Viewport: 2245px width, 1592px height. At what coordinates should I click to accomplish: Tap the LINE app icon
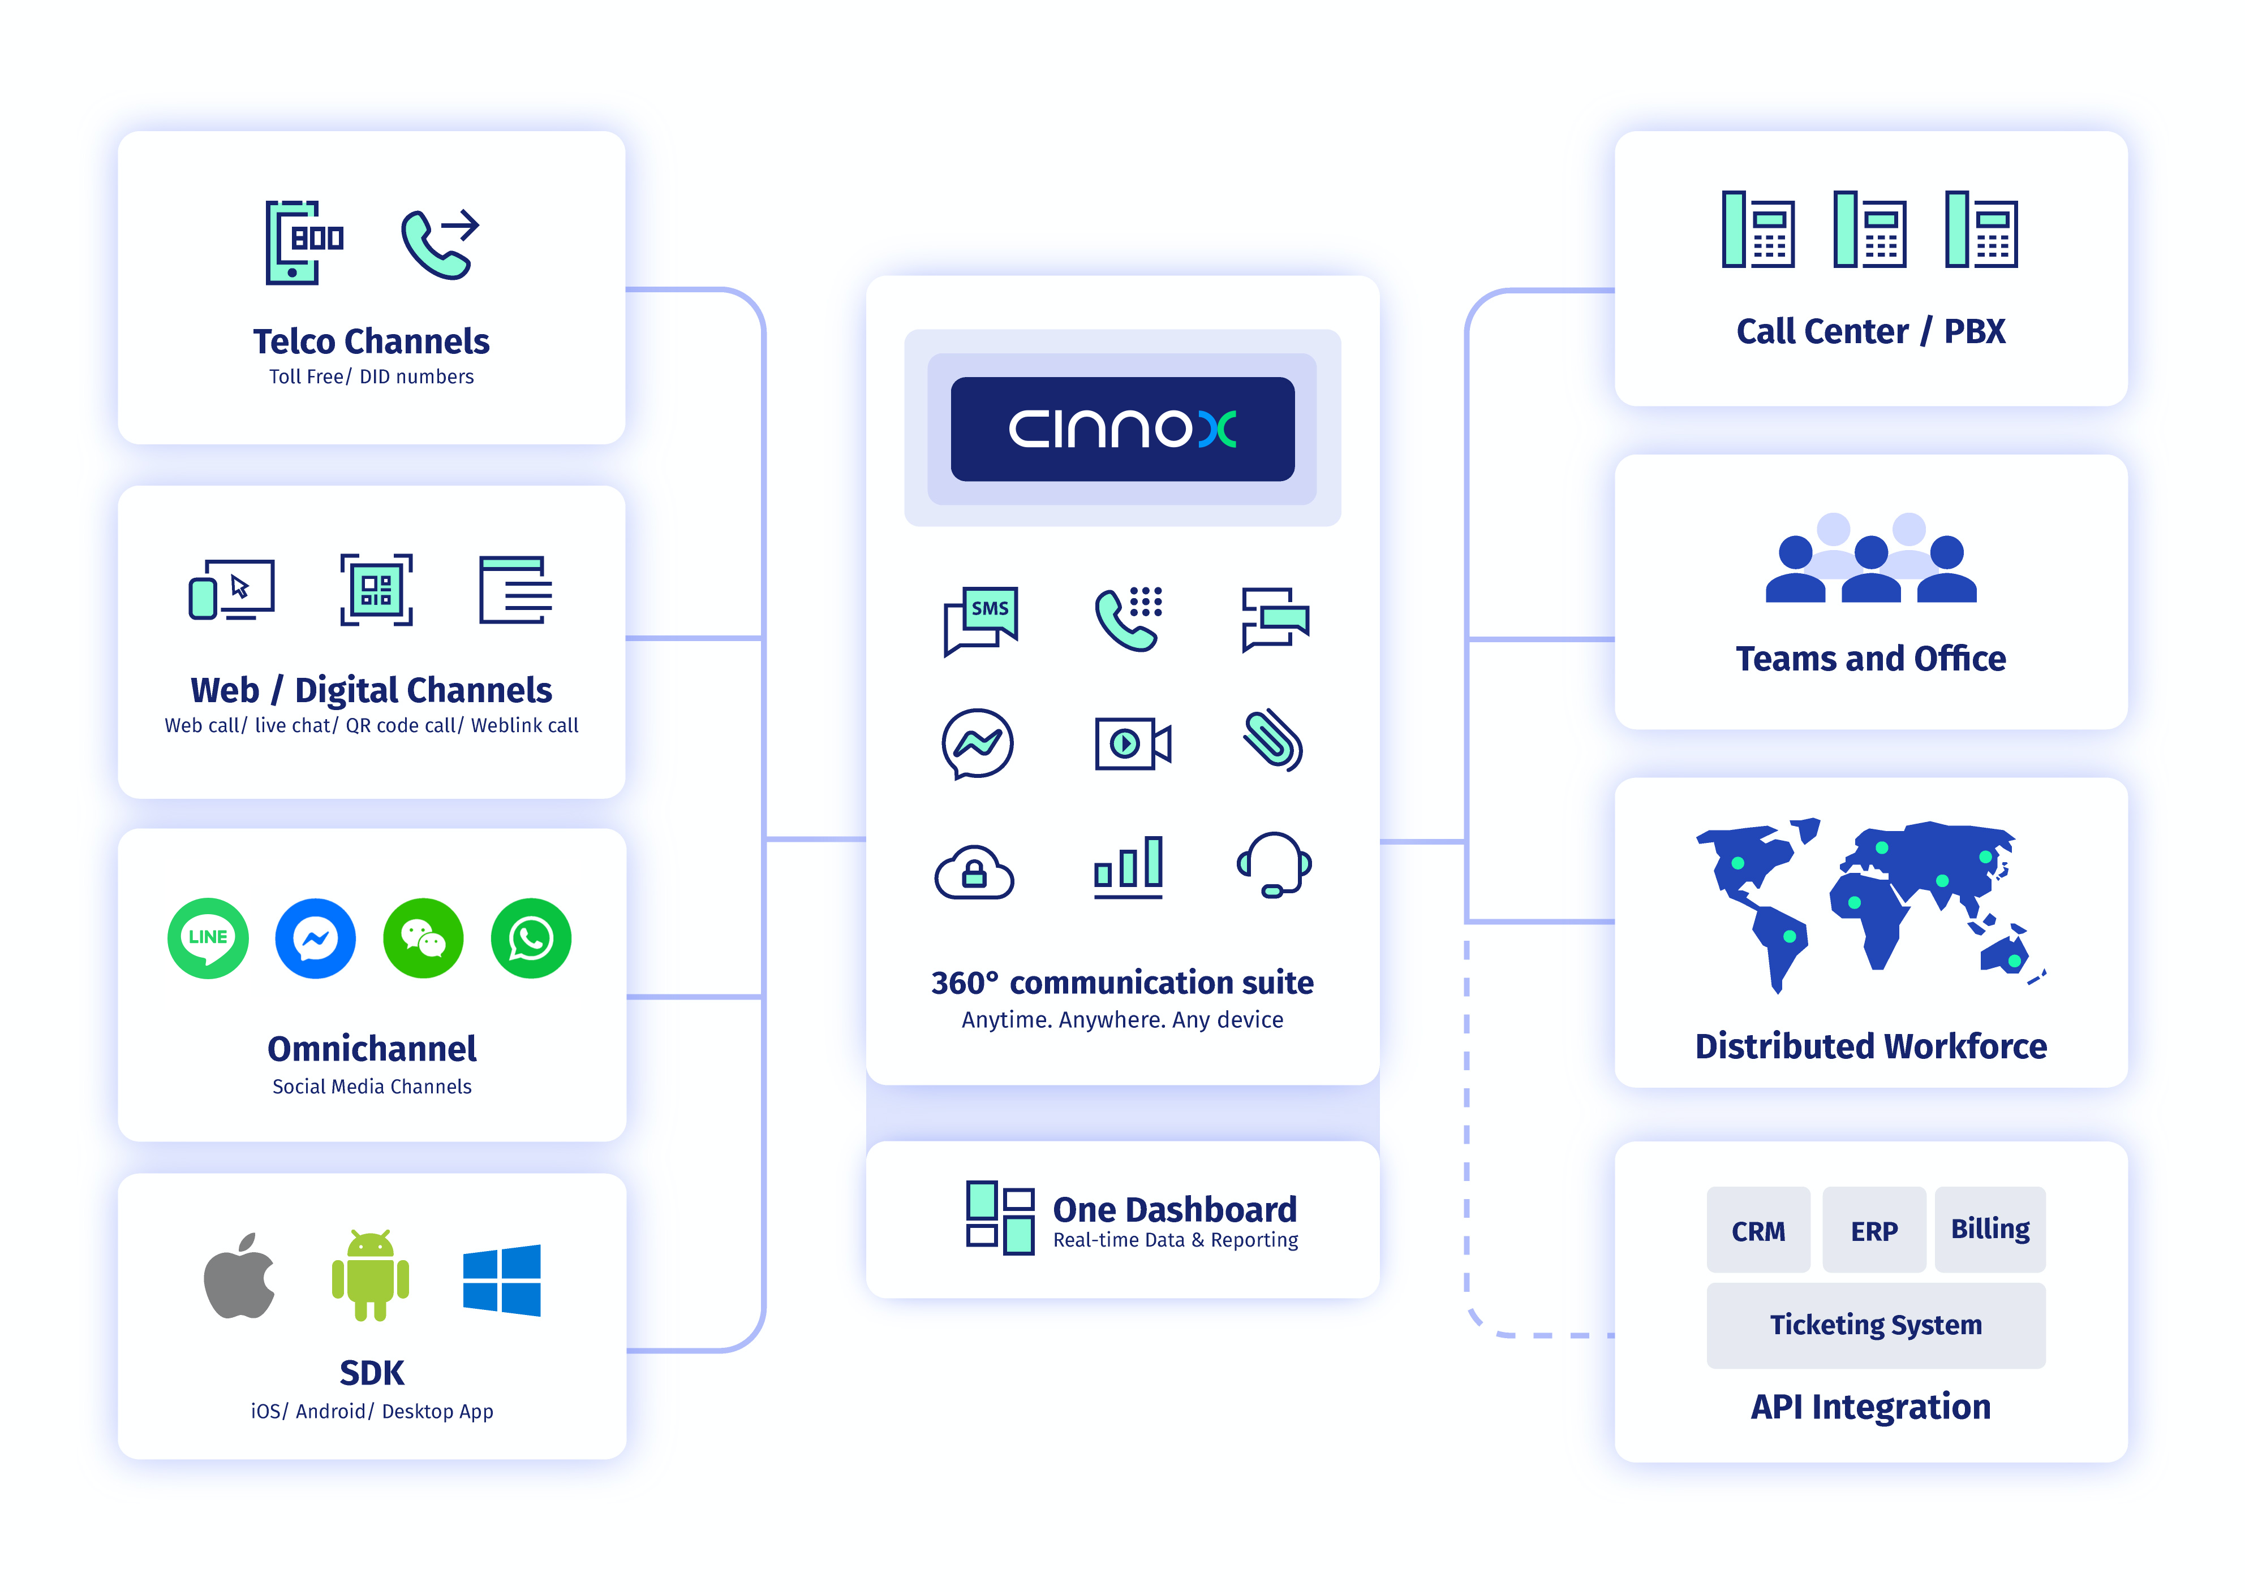[208, 938]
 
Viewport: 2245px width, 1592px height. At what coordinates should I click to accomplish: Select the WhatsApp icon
[531, 938]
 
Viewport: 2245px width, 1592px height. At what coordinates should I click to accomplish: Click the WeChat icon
[423, 938]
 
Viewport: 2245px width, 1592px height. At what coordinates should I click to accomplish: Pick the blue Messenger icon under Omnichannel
[315, 938]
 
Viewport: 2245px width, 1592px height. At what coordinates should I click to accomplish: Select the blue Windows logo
[501, 1280]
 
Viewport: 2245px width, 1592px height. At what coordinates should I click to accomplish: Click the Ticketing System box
[1875, 1325]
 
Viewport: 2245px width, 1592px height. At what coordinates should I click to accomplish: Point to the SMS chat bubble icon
[981, 621]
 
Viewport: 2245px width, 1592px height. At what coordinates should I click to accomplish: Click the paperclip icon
[1273, 740]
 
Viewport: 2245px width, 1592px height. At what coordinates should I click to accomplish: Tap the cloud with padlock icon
[974, 872]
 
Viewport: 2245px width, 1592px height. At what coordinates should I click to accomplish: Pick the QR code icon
[377, 589]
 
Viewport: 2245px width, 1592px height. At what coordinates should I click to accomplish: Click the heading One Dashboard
[1174, 1209]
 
